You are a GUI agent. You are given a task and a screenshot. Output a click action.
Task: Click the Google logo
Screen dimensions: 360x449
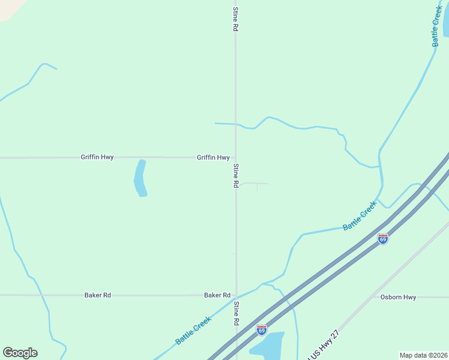click(x=20, y=353)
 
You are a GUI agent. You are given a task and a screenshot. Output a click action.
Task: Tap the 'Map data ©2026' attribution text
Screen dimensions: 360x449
click(x=423, y=355)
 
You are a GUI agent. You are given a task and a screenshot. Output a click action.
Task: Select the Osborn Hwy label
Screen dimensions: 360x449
click(x=398, y=297)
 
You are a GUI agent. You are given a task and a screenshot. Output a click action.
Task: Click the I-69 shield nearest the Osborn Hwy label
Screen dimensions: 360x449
click(x=383, y=239)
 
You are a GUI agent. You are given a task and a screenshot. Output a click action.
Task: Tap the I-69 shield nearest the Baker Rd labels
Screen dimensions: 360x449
click(x=261, y=329)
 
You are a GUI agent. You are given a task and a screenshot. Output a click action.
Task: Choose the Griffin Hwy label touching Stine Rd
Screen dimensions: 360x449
click(x=213, y=158)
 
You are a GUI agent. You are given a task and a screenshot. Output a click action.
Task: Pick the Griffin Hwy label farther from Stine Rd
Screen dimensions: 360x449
click(x=97, y=157)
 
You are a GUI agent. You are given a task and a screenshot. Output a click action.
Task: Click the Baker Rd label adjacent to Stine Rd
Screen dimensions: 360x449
click(x=217, y=295)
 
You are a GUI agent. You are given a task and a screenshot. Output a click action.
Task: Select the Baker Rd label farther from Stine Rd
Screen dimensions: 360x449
click(x=98, y=295)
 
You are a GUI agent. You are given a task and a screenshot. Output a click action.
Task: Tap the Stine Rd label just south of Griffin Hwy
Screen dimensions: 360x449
click(x=237, y=176)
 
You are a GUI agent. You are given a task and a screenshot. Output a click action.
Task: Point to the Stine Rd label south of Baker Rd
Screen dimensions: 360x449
click(x=237, y=314)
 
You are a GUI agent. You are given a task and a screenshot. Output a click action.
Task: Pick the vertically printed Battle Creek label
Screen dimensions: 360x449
click(x=437, y=27)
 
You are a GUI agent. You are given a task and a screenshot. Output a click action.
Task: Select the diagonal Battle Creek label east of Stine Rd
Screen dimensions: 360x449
click(x=360, y=216)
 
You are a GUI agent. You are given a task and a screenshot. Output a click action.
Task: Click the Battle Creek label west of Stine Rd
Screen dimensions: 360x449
click(x=193, y=330)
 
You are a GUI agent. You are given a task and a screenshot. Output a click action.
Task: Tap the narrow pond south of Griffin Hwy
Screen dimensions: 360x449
click(x=140, y=178)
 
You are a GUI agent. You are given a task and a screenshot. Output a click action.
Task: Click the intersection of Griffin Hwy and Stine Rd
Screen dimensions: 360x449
click(x=235, y=158)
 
